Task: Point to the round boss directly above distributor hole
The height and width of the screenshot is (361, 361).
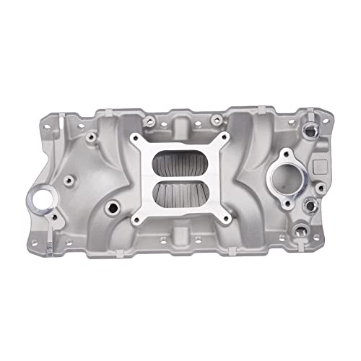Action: click(60, 181)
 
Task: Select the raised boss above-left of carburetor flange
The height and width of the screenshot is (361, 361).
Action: click(91, 136)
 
